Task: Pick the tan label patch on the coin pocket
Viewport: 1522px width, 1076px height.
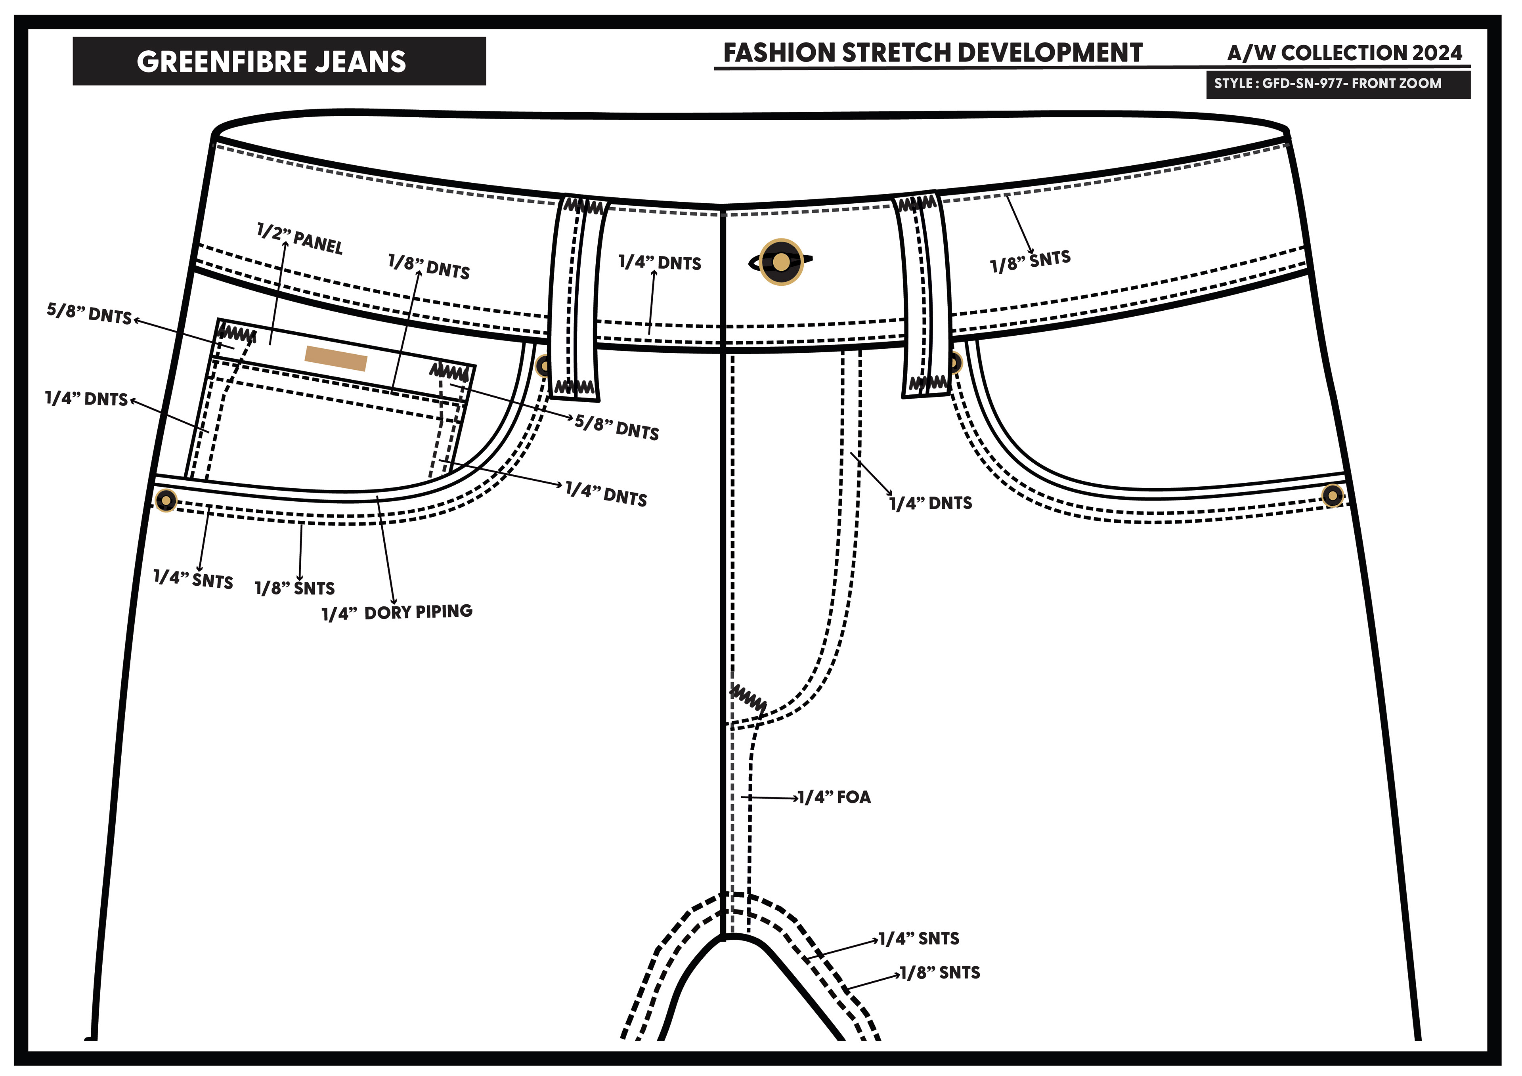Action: pos(335,358)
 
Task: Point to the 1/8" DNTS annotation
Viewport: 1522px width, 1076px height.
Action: pos(429,267)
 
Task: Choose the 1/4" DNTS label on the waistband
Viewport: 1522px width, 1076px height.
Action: pos(660,263)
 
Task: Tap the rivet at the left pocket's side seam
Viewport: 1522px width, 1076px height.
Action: pos(166,500)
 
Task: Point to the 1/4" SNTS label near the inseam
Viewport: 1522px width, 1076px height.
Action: pos(919,939)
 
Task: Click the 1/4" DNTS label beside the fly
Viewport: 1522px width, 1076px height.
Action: pos(931,503)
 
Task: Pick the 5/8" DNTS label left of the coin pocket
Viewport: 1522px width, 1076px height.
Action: pos(90,313)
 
